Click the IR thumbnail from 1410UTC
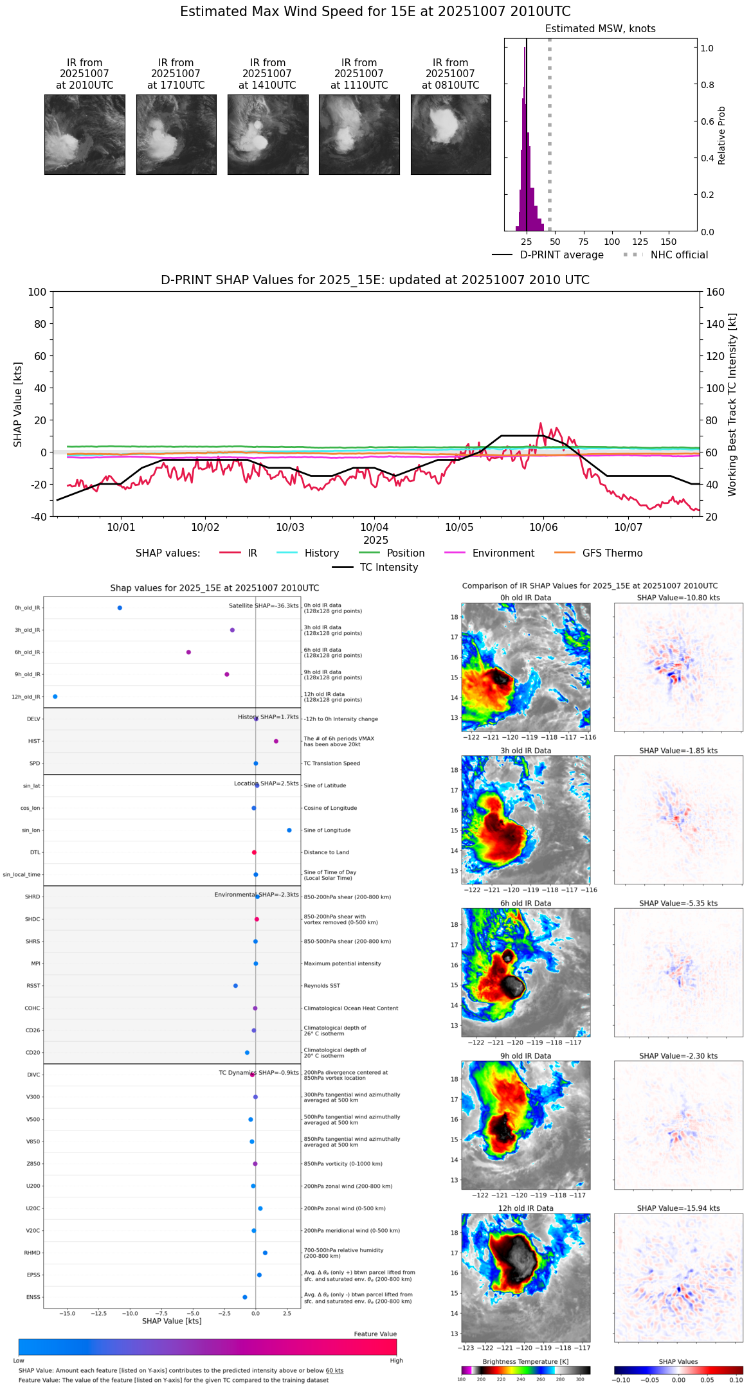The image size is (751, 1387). (267, 134)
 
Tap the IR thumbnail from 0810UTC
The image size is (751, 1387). (451, 134)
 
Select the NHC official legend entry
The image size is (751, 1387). (679, 255)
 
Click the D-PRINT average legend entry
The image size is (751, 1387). (561, 255)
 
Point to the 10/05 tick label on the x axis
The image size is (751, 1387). (459, 528)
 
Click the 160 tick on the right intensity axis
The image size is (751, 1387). (715, 292)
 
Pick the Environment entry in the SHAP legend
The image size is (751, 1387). (503, 553)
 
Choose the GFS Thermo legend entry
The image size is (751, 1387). (612, 553)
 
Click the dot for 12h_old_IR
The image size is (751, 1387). (55, 697)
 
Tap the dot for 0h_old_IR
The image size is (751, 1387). (120, 608)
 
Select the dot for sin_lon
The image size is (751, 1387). (289, 830)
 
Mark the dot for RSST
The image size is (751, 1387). (235, 986)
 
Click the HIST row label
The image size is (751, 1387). (34, 742)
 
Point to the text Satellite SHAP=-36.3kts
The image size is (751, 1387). (264, 606)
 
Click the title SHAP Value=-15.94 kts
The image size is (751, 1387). (678, 1208)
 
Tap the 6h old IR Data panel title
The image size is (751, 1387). (525, 904)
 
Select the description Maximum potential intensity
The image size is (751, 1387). (342, 964)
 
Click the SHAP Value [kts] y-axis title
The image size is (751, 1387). (18, 404)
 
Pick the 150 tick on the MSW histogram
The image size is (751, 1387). (669, 242)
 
